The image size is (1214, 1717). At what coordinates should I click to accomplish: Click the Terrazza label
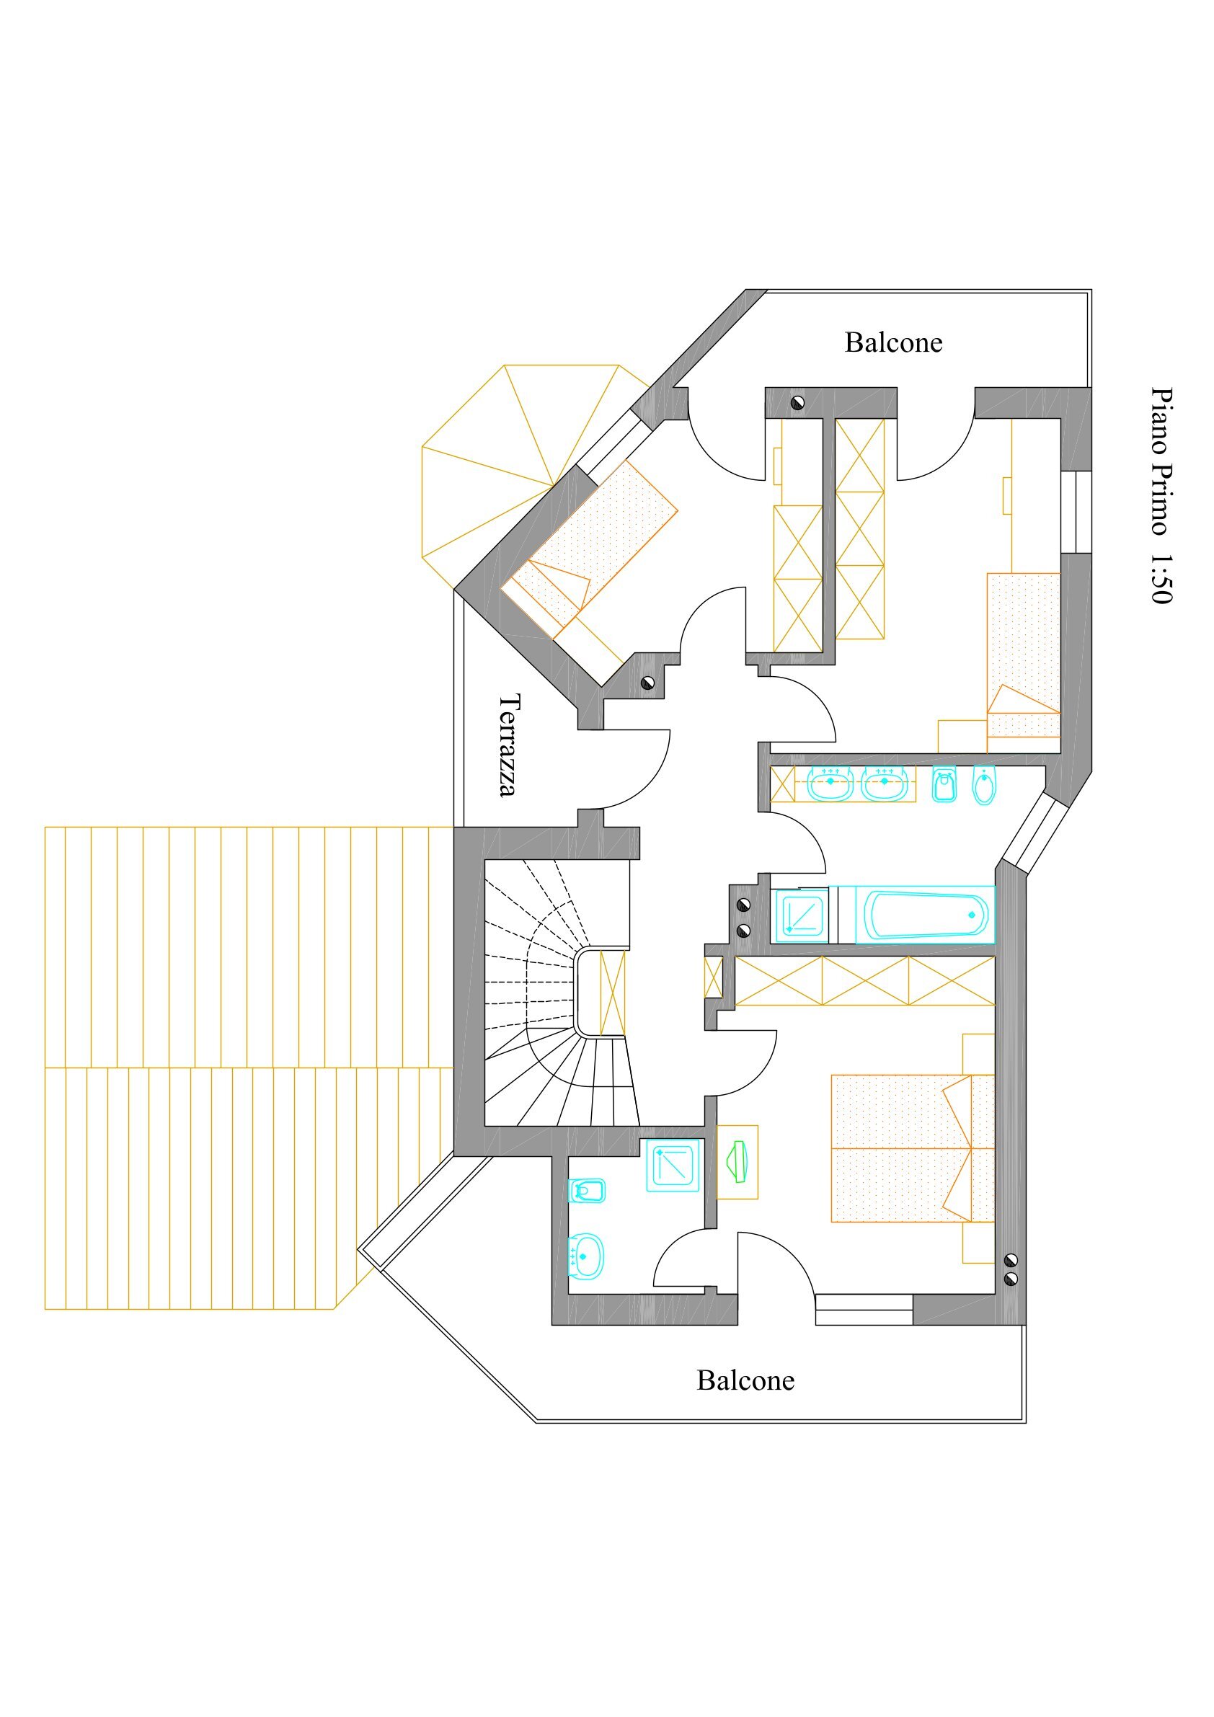(x=510, y=745)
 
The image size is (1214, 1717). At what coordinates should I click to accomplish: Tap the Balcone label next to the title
(x=893, y=342)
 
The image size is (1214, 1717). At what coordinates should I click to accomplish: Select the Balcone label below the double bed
(x=745, y=1380)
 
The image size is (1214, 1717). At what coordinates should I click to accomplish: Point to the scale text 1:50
(x=1161, y=578)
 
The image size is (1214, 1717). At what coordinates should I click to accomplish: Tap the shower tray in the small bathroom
(x=673, y=1166)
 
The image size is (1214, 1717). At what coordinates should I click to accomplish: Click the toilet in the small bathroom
(x=586, y=1190)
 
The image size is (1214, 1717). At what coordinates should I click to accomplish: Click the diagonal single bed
(x=590, y=550)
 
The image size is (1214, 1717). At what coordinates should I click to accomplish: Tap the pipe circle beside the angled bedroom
(x=648, y=682)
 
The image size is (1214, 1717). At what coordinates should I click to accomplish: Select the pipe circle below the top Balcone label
(x=798, y=403)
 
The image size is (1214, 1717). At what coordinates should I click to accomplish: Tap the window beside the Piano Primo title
(x=1076, y=513)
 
